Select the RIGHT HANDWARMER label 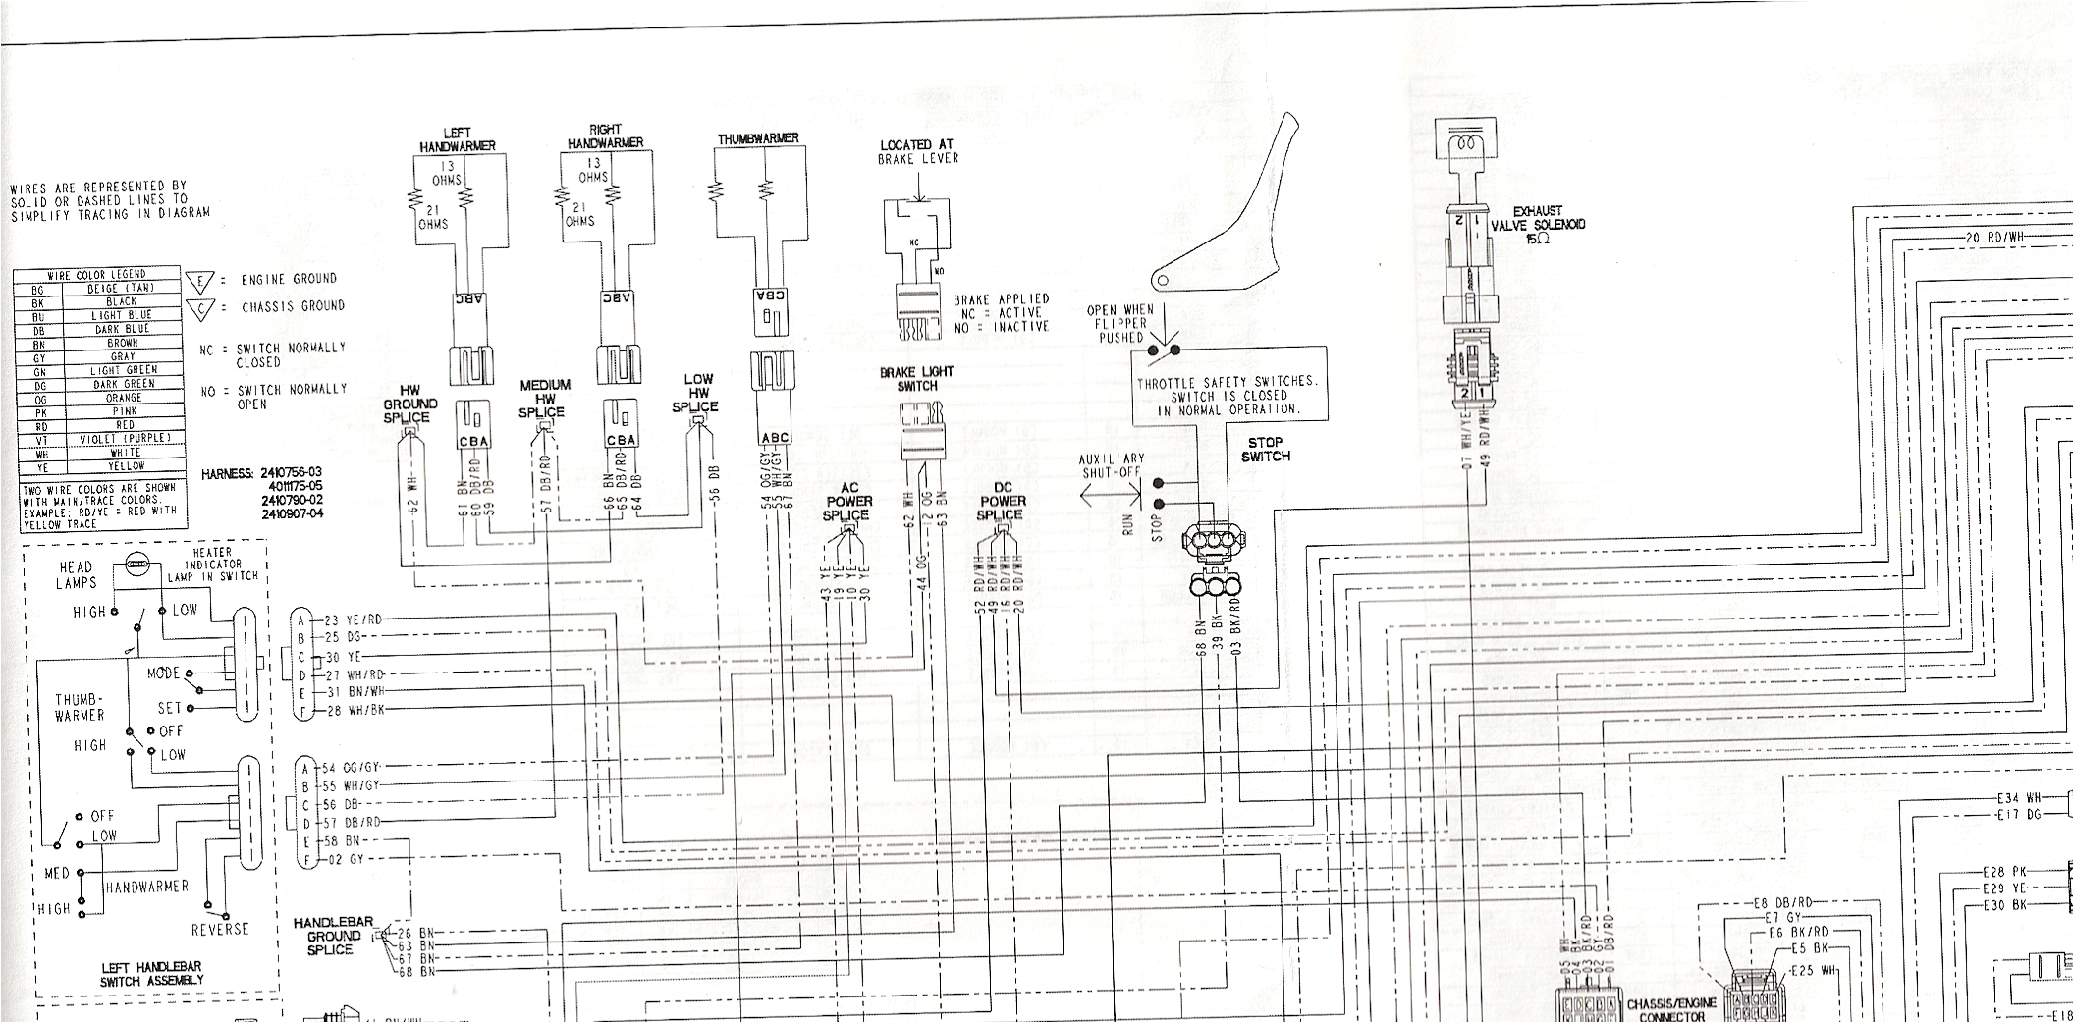point(606,136)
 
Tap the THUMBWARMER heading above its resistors point(757,139)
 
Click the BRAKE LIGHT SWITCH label point(917,379)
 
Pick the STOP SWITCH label point(1265,450)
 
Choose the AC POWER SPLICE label point(846,502)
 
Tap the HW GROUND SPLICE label point(410,404)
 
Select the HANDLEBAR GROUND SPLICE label point(333,936)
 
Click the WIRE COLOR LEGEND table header point(97,274)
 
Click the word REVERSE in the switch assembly point(220,929)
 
